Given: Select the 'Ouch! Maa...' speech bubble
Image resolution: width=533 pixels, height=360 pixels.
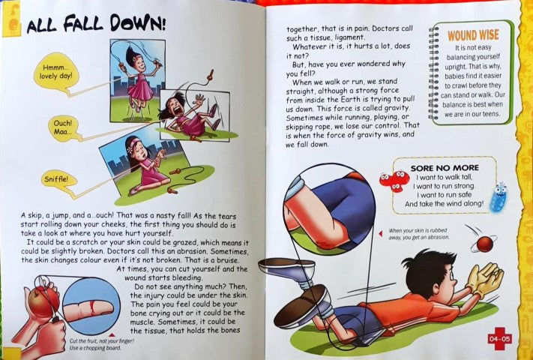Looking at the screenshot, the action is pos(63,127).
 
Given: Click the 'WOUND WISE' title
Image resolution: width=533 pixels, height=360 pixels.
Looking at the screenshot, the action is pos(473,35).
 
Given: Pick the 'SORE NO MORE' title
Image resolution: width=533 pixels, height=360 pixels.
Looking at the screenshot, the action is pos(445,168).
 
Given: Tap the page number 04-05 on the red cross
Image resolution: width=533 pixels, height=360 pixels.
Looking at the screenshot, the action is pos(499,338).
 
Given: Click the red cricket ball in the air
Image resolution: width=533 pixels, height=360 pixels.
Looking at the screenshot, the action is pos(485,244).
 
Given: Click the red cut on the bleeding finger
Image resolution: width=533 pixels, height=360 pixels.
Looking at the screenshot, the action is pos(93,307).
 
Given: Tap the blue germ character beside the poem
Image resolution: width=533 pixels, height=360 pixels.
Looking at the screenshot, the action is pos(499,198).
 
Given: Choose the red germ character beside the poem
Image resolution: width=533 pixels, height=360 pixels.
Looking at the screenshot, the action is pos(394,181).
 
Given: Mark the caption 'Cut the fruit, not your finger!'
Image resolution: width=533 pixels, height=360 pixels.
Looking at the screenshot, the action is pos(102,341).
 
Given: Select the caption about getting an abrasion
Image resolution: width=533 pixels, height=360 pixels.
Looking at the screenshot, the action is pos(419,234).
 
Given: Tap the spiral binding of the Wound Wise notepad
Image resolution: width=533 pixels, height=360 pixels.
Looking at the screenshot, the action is pos(434,73).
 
